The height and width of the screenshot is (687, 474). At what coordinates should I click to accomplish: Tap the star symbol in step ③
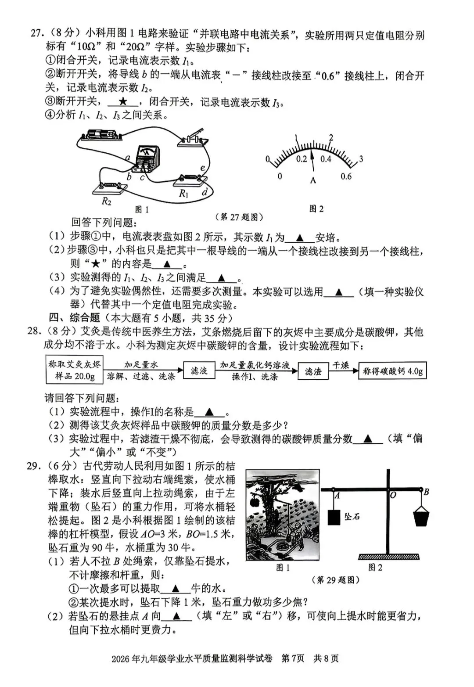122,102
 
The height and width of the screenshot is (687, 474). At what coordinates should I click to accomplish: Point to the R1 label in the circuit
183,194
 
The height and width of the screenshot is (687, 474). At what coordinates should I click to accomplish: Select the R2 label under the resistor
106,201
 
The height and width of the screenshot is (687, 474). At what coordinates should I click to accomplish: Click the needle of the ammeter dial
312,161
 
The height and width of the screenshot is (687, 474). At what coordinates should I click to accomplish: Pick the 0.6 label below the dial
346,176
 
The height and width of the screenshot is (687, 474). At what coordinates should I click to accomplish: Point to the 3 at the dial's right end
361,158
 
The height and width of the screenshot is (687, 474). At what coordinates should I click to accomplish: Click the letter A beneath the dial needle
313,180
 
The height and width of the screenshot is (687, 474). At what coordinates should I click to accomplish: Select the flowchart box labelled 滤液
199,370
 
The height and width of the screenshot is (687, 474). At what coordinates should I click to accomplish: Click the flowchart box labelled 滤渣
313,371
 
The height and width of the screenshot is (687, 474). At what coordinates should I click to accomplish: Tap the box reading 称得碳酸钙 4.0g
392,371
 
